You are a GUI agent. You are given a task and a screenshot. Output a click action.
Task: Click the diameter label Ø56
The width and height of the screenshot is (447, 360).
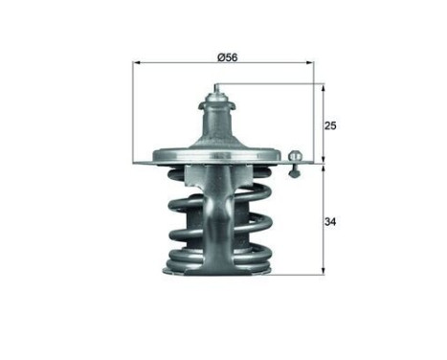[228, 57]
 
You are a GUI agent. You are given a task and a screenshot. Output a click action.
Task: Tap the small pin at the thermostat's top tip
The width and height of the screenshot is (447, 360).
[217, 90]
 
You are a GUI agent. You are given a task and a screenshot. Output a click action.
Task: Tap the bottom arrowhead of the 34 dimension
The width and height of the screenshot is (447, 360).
[324, 272]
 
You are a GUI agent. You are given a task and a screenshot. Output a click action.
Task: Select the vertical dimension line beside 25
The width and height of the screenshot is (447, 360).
[324, 124]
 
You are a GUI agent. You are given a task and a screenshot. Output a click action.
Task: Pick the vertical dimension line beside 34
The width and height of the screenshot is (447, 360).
[324, 220]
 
